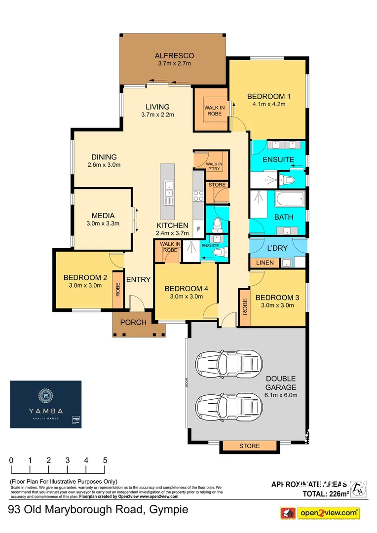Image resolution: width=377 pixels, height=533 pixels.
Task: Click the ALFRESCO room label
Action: point(174,55)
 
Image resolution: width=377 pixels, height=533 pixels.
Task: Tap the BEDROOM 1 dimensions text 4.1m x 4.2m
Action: point(269,104)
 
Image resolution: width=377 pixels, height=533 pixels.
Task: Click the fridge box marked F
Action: point(198,229)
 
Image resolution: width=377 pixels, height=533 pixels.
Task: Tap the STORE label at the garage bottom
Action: point(249,446)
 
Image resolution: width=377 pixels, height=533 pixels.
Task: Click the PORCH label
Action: point(133,322)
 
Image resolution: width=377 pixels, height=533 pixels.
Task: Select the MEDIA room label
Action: point(103,216)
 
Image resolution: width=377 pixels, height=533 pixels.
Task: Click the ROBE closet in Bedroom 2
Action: point(118,289)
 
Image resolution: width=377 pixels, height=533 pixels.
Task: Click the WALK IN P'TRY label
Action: point(214,166)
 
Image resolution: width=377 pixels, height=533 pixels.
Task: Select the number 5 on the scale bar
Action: point(105,460)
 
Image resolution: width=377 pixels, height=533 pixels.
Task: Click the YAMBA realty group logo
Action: point(46,404)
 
